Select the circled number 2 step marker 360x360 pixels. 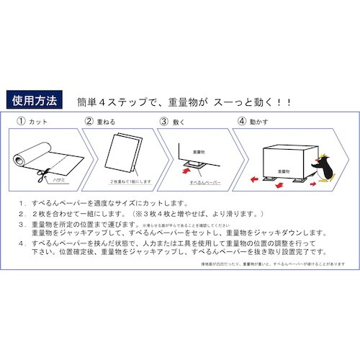click(x=90, y=122)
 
